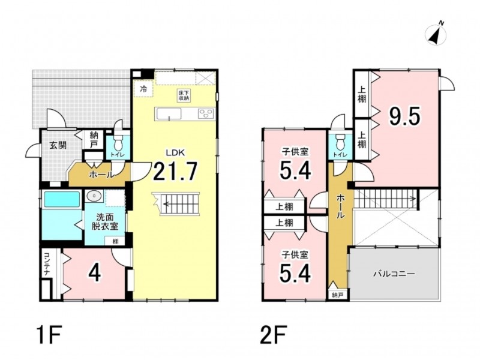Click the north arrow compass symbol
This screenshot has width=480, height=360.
tap(436, 34)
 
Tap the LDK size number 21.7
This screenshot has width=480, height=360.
tap(175, 172)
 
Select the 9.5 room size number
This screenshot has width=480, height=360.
tap(404, 116)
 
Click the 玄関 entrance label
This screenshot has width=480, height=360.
tap(58, 145)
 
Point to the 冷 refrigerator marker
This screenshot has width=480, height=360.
tap(143, 89)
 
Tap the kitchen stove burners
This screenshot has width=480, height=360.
tap(206, 114)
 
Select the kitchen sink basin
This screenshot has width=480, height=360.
tap(169, 114)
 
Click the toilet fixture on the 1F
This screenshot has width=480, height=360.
tap(118, 142)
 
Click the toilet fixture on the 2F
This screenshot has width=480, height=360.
tap(340, 142)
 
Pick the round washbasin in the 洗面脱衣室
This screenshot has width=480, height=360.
tap(94, 196)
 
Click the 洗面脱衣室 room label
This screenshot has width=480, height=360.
tap(104, 222)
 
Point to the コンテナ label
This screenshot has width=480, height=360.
tap(46, 264)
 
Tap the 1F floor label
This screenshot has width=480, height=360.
tap(49, 335)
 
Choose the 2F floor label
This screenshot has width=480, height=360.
tap(274, 335)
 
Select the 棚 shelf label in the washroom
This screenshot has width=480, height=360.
tap(115, 241)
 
